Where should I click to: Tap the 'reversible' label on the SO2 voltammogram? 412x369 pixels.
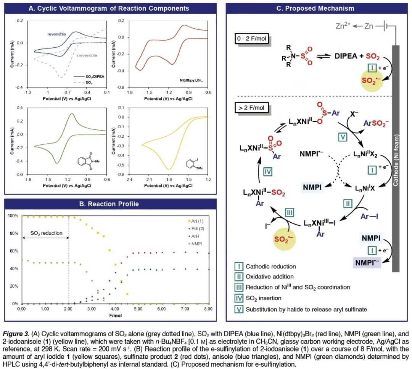pos(57,34)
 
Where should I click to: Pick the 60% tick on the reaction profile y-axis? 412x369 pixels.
pos(13,251)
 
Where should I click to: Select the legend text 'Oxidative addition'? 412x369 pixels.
pos(270,277)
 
